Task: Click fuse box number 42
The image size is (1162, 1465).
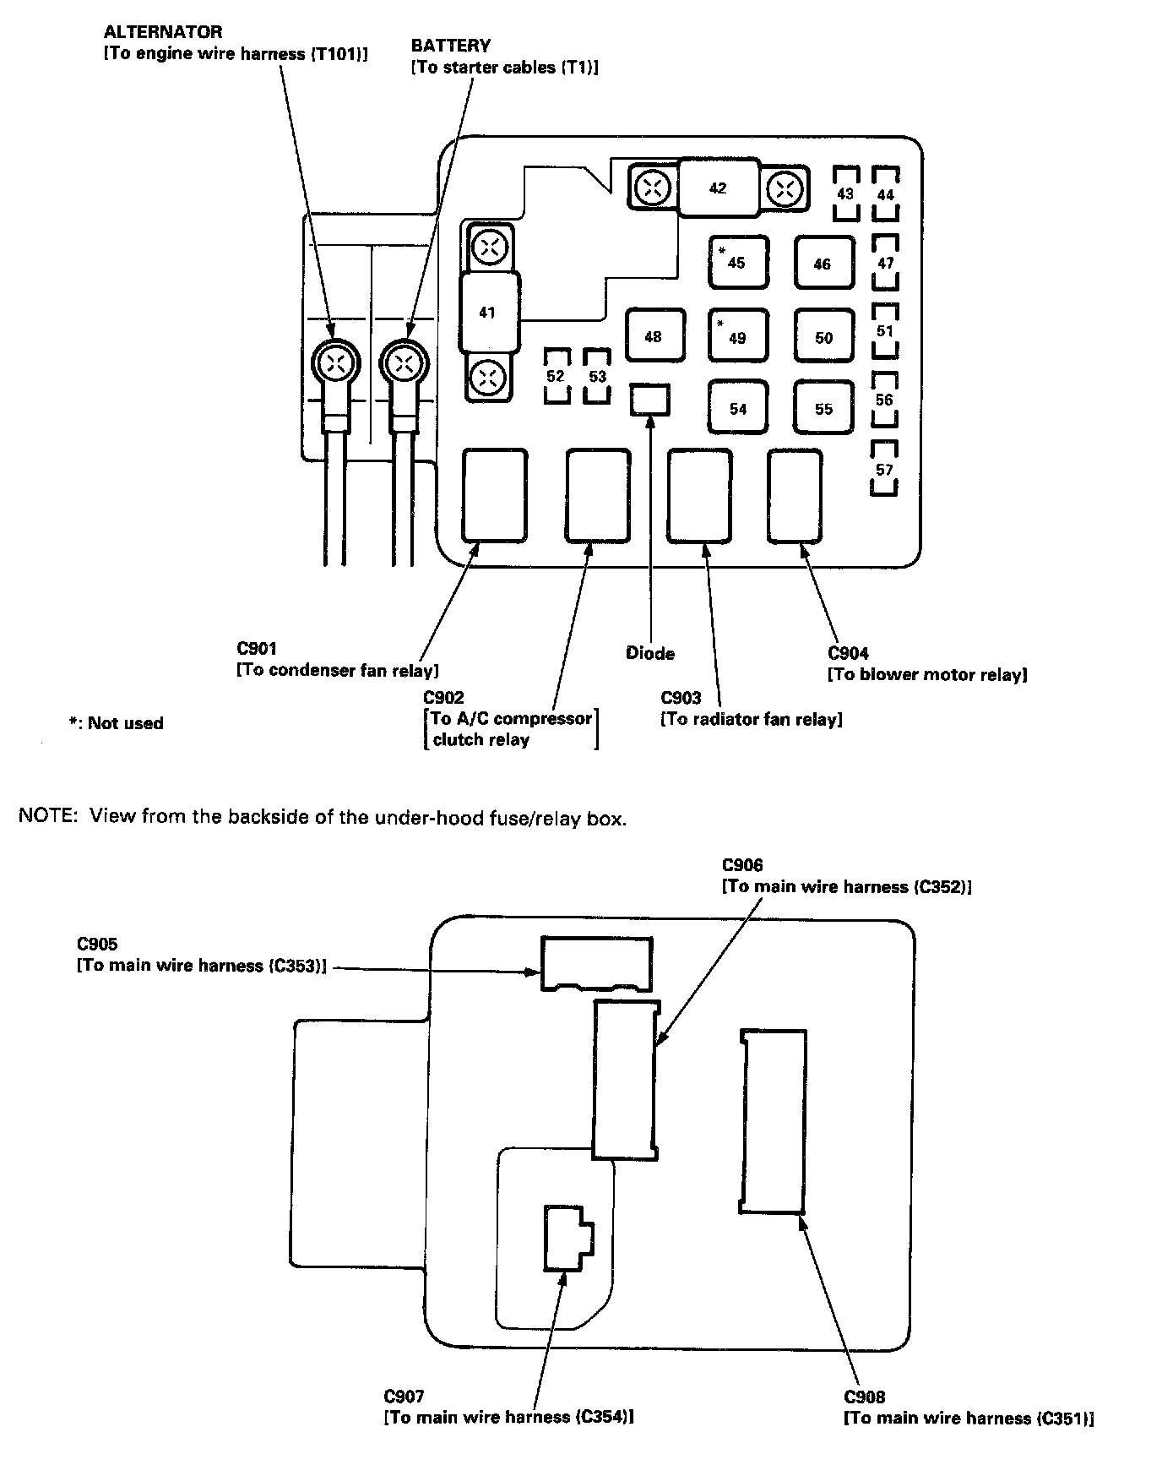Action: point(717,188)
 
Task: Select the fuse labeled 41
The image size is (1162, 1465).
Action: point(487,313)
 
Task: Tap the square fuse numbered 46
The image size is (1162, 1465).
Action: point(823,263)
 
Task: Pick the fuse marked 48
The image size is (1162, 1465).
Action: point(654,336)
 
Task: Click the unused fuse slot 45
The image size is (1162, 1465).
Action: point(737,262)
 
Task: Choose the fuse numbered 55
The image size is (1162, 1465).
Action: point(823,408)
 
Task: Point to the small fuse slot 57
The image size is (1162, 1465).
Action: point(883,469)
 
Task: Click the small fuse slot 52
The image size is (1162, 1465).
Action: point(556,376)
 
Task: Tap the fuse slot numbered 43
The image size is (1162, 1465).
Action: point(845,193)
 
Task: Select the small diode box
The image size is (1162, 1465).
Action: point(650,400)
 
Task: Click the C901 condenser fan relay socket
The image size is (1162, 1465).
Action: point(494,495)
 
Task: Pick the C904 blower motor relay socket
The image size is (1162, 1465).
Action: point(794,495)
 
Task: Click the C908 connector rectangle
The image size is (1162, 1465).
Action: point(773,1121)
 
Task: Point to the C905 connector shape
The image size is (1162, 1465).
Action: point(596,962)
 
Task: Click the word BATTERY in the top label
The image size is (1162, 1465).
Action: point(451,46)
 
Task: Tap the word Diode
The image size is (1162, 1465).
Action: point(650,653)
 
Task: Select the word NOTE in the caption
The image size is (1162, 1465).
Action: point(49,817)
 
